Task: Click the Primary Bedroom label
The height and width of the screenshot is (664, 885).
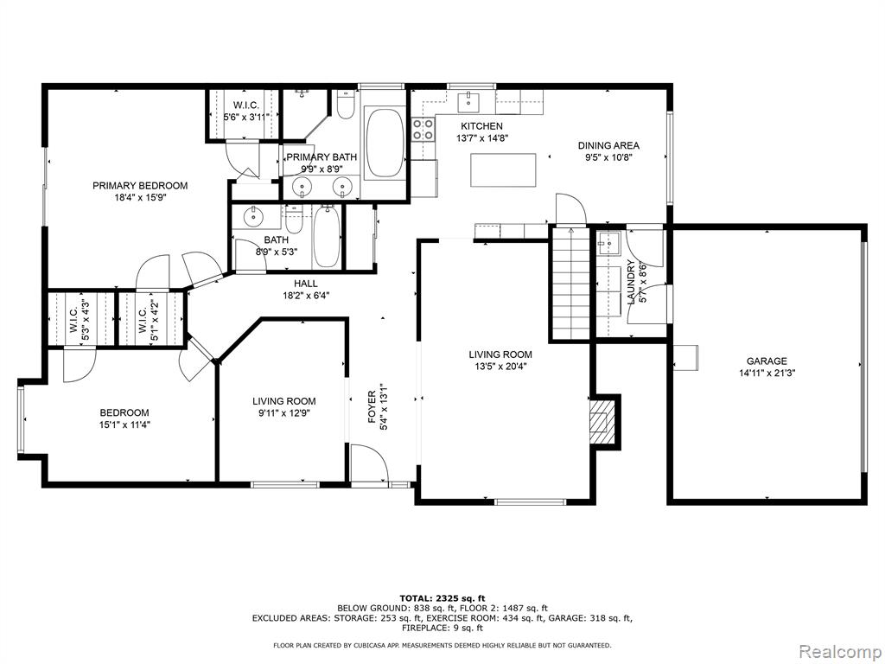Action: coord(140,186)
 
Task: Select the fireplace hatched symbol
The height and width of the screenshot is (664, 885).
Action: coord(602,422)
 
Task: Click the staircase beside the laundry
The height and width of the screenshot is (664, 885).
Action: coord(571,283)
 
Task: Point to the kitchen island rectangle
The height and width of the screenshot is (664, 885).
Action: coord(504,169)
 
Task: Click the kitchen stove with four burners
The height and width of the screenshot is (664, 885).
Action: coord(423,130)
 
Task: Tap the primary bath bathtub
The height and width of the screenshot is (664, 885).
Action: coord(385,144)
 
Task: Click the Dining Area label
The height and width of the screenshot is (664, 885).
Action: coord(608,145)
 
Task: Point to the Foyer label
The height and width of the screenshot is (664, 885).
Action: coord(372,406)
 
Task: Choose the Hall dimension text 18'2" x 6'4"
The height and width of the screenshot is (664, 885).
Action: coord(305,296)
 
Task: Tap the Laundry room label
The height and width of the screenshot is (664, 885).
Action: coord(631,282)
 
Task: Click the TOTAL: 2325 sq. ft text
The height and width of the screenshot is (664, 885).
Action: coord(442,598)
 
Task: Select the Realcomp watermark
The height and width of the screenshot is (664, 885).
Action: coord(840,652)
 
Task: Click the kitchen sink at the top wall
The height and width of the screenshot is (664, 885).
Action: coord(468,102)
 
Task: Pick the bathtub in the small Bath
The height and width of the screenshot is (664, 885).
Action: coord(328,237)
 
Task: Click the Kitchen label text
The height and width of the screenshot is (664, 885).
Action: coord(481,126)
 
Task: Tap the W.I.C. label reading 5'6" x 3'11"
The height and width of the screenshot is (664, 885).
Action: coord(246,117)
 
